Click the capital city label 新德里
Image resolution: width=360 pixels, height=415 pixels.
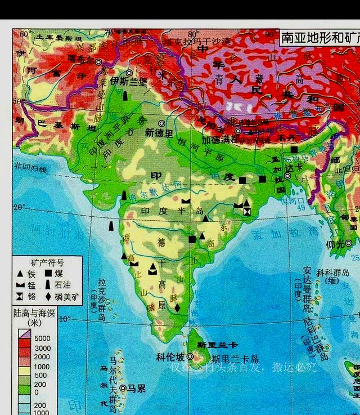[x=159, y=132]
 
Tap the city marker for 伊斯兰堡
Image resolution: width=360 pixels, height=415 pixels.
[x=129, y=73]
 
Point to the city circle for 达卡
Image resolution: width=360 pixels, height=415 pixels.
[x=287, y=176]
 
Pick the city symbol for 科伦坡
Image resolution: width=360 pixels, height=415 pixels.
[x=190, y=356]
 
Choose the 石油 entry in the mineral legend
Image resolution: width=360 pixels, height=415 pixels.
[x=70, y=285]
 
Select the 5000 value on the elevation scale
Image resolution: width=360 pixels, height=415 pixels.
[x=43, y=339]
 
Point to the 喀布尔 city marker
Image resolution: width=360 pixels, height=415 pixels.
[x=99, y=62]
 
